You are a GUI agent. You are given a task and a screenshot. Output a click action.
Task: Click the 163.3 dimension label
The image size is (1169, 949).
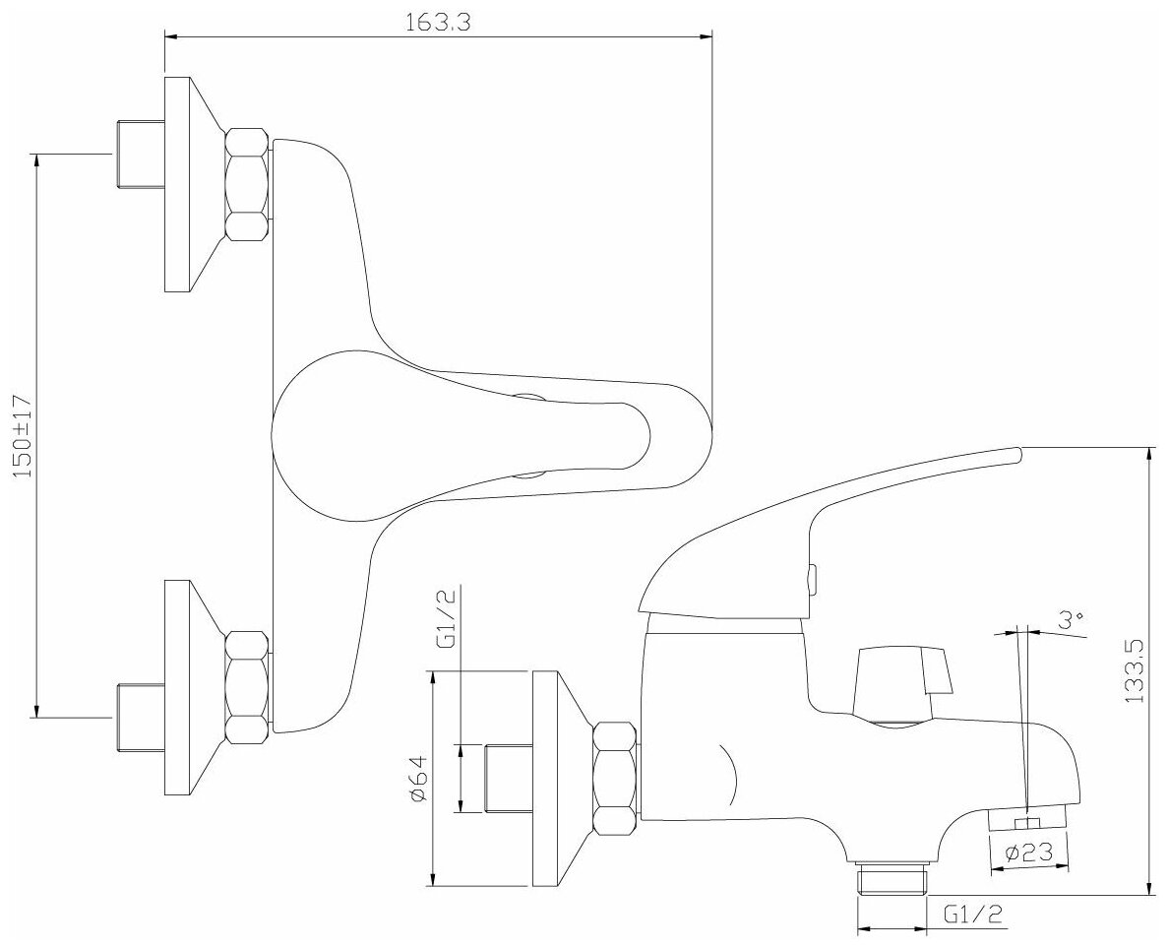[438, 24]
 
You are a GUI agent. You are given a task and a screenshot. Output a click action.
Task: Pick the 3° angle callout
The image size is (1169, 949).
[1072, 620]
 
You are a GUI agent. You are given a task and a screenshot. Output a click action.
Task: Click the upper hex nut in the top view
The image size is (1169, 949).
[247, 184]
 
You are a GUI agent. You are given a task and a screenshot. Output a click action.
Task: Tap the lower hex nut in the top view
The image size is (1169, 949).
[247, 687]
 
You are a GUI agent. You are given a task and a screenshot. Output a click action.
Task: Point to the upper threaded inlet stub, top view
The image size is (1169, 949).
[139, 155]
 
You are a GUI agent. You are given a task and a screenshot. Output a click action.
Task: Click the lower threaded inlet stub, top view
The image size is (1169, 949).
[139, 716]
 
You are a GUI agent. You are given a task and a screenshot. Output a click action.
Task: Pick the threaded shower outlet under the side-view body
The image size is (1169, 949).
[893, 878]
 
